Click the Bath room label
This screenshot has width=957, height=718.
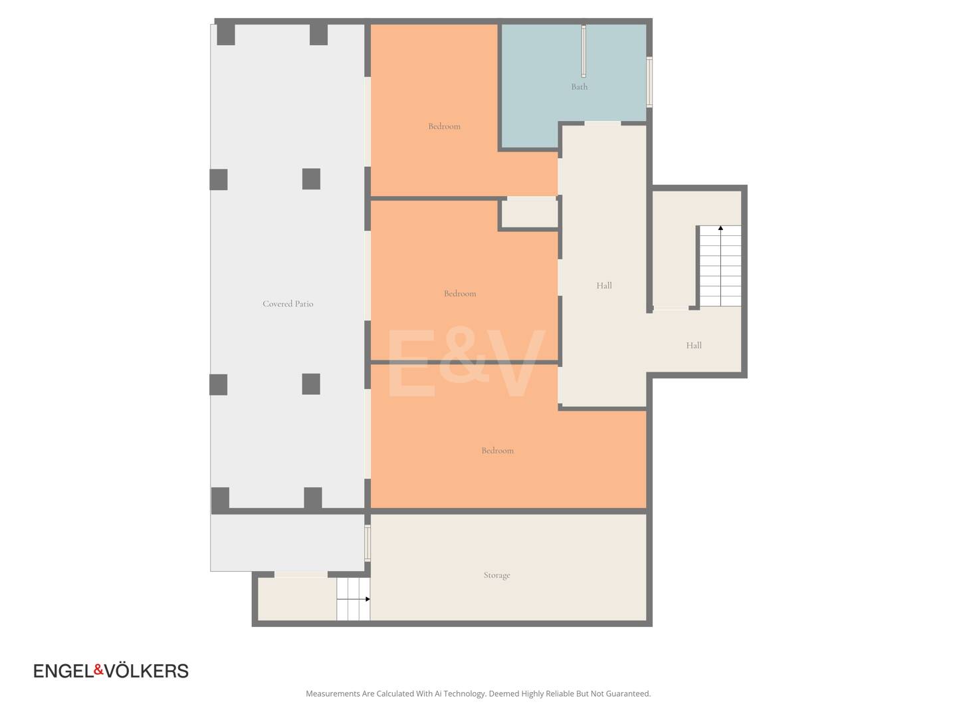pyautogui.click(x=579, y=86)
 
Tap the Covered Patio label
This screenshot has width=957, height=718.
pyautogui.click(x=288, y=304)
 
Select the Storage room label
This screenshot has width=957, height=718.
pyautogui.click(x=496, y=575)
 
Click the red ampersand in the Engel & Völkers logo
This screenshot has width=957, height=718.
pyautogui.click(x=99, y=669)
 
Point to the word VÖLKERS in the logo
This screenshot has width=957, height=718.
pyautogui.click(x=146, y=671)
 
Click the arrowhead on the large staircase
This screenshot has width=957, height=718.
pyautogui.click(x=720, y=228)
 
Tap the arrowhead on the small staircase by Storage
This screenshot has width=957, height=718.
pyautogui.click(x=368, y=599)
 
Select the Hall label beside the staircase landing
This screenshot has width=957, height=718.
pyautogui.click(x=694, y=345)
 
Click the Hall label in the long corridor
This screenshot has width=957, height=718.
pyautogui.click(x=604, y=286)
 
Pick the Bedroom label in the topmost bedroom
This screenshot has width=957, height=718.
pyautogui.click(x=445, y=126)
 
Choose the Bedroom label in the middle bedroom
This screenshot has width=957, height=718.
pyautogui.click(x=460, y=294)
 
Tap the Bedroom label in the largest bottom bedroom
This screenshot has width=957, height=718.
pyautogui.click(x=498, y=451)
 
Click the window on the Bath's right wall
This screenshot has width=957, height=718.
pyautogui.click(x=649, y=82)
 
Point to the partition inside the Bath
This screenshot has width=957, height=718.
pyautogui.click(x=584, y=51)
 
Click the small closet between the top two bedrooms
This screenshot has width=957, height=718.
pyautogui.click(x=530, y=213)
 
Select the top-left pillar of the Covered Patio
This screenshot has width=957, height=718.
pyautogui.click(x=226, y=35)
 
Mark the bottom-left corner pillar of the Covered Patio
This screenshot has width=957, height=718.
pyautogui.click(x=220, y=499)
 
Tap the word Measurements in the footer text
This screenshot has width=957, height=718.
pyautogui.click(x=333, y=693)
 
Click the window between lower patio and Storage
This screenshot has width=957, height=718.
pyautogui.click(x=368, y=542)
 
